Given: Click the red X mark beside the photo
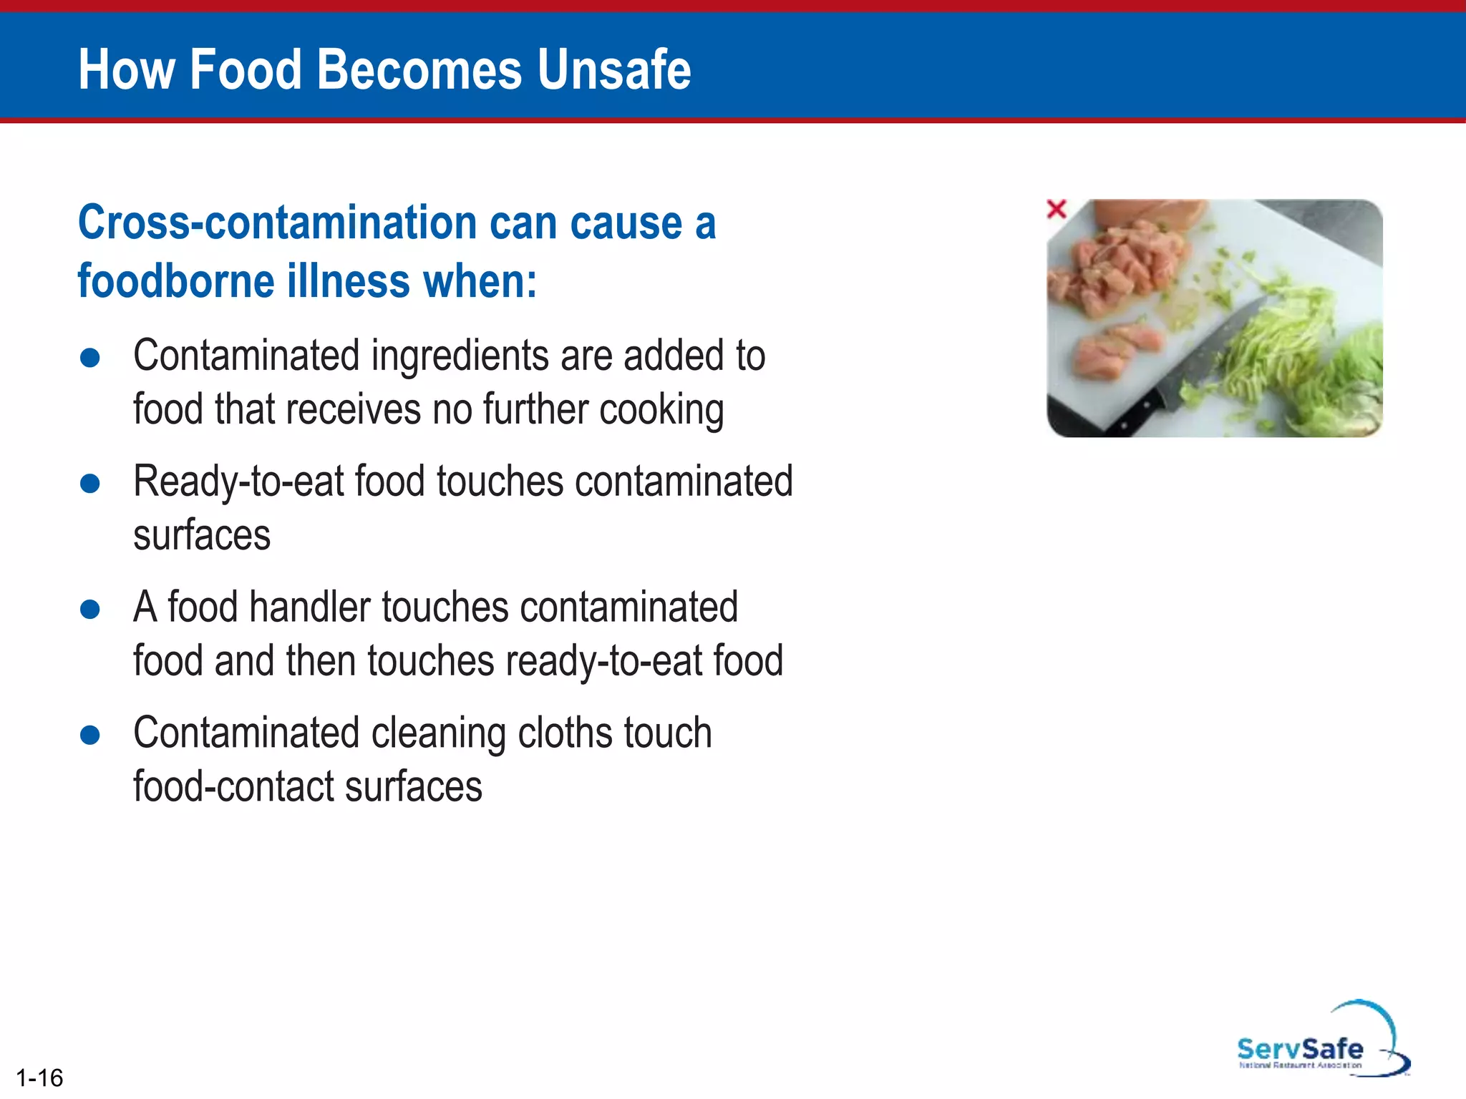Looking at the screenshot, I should pyautogui.click(x=1057, y=209).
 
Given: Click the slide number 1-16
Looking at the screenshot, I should pyautogui.click(x=39, y=1077).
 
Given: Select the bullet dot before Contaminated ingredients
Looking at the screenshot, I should pyautogui.click(x=90, y=357).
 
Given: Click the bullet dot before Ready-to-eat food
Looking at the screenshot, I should pyautogui.click(x=90, y=483).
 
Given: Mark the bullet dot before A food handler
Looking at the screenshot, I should pyautogui.click(x=90, y=609).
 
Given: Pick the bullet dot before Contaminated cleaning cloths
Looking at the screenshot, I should pyautogui.click(x=90, y=735).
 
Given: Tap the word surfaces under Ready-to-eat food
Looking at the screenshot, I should pyautogui.click(x=202, y=535).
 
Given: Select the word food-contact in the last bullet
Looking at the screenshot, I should pyautogui.click(x=233, y=787).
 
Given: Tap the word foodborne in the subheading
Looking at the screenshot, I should pyautogui.click(x=176, y=281).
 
